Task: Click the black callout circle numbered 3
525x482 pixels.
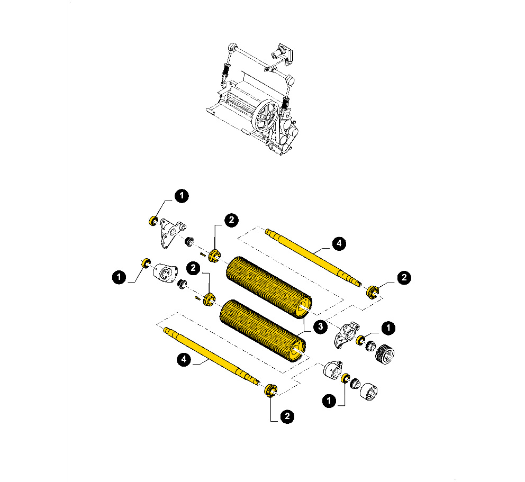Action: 320,326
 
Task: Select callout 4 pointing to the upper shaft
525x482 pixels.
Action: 339,243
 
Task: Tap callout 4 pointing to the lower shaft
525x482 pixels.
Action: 184,359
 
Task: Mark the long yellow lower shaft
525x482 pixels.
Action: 212,356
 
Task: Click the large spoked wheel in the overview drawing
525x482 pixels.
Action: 266,116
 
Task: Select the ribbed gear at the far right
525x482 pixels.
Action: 384,354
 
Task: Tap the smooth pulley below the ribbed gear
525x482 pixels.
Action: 369,392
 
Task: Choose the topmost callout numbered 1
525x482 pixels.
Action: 182,196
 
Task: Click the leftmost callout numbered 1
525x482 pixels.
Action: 119,277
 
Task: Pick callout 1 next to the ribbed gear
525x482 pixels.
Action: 388,328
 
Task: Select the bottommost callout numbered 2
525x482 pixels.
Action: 287,416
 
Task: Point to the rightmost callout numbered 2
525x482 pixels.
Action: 404,277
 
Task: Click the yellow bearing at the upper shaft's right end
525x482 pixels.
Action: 373,292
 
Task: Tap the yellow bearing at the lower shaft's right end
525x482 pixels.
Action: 270,391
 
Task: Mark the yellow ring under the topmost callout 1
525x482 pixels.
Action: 153,221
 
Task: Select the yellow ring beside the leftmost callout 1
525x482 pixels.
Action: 146,263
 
